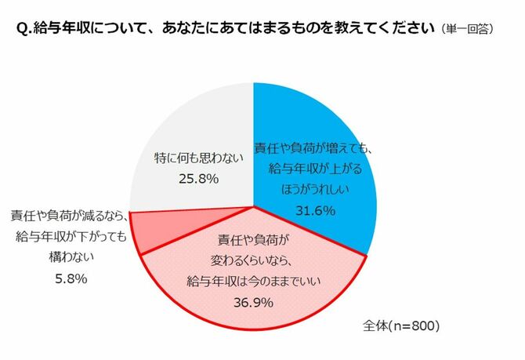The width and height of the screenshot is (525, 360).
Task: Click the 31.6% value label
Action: (x=314, y=210)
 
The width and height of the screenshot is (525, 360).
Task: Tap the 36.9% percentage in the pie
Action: (x=252, y=301)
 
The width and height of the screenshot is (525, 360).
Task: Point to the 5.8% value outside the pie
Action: (x=69, y=278)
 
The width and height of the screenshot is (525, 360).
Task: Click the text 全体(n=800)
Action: (x=396, y=324)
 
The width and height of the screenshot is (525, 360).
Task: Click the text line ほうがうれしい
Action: (x=315, y=189)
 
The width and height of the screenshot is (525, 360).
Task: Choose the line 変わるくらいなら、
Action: (x=252, y=260)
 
